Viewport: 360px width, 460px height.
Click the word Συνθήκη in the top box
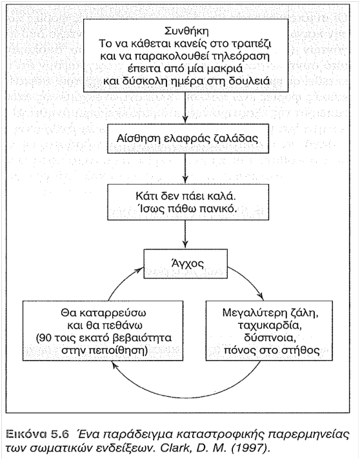(x=186, y=31)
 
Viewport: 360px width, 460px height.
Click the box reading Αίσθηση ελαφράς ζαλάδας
(x=188, y=139)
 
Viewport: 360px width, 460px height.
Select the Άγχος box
(x=185, y=263)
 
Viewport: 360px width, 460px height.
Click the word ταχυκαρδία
(x=269, y=325)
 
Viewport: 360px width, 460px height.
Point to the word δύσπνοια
(x=269, y=337)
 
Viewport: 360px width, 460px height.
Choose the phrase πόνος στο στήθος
(x=272, y=350)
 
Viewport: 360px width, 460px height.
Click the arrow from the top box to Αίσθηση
(x=185, y=107)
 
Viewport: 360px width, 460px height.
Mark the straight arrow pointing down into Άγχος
(x=185, y=234)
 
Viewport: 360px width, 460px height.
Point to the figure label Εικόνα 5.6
(x=37, y=434)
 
